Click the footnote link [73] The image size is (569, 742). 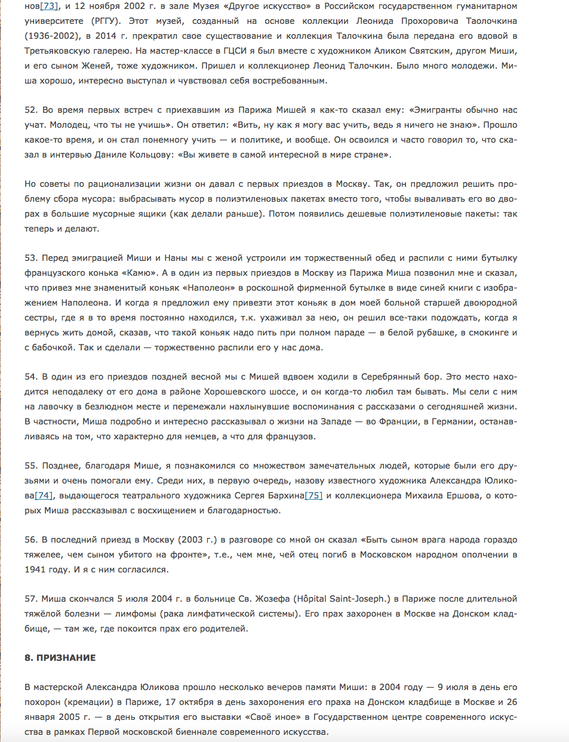48,6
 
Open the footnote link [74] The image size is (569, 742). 44,495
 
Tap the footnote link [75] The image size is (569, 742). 313,495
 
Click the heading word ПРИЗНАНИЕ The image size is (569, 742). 66,658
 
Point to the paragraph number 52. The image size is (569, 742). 30,110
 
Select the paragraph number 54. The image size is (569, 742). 30,377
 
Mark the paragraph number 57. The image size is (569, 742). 30,599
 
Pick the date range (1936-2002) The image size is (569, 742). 53,36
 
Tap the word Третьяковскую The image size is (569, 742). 61,51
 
